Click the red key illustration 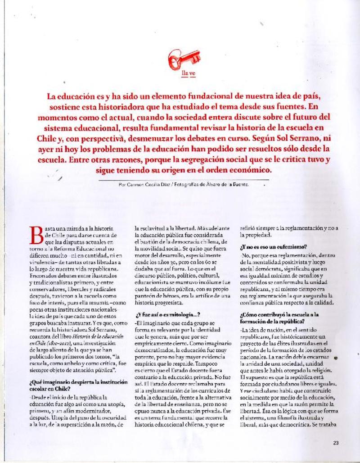point(184,58)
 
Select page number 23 point(336,443)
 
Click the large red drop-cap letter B point(37,234)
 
